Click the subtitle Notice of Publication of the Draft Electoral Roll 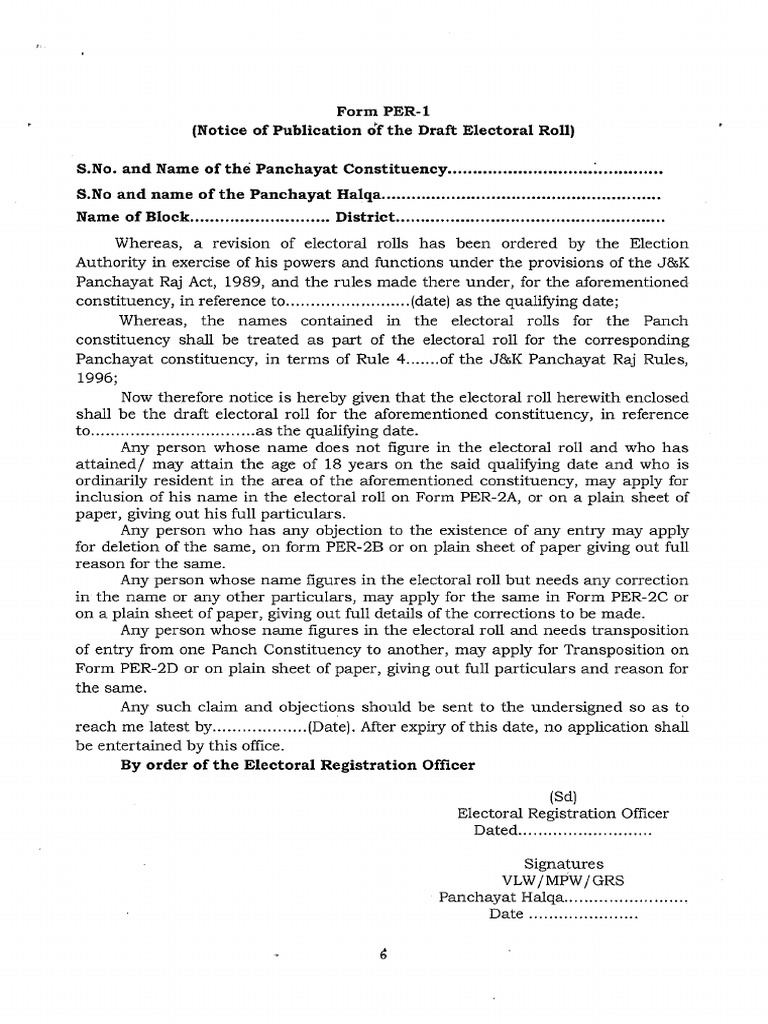(383, 130)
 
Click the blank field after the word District (530, 217)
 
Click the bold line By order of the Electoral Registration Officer (297, 765)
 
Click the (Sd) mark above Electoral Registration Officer (563, 796)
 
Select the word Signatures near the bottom (563, 863)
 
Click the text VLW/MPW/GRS (563, 880)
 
